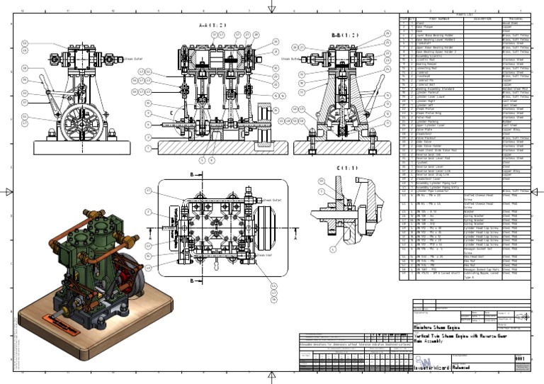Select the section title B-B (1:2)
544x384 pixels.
(344, 34)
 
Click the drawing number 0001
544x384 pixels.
(521, 358)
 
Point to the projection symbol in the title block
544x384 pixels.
(522, 316)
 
